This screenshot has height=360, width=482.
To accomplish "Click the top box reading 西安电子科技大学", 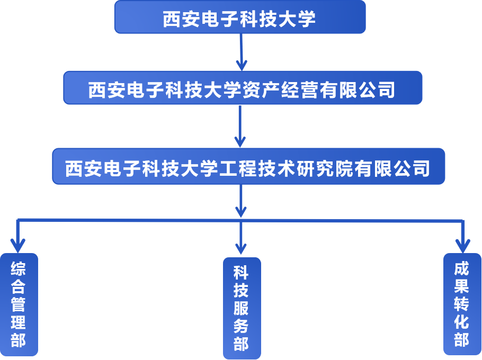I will [x=240, y=17].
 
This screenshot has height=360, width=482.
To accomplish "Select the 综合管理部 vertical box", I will [x=19, y=304].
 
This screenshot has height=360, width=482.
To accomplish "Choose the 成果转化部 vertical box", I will [x=461, y=304].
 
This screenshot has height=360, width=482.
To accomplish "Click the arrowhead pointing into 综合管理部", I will [x=18, y=245].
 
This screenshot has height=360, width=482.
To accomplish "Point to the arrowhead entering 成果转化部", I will [x=462, y=245].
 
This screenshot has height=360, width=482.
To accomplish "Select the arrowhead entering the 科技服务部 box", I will [x=242, y=247].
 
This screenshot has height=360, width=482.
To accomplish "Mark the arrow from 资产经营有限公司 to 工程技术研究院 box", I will [x=240, y=127].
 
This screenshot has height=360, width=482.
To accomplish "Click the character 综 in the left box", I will [x=19, y=269].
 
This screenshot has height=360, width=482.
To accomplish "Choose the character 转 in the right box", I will [x=461, y=304].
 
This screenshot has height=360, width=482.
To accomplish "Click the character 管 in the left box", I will [x=19, y=304].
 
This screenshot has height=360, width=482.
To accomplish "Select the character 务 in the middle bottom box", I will [x=242, y=326].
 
